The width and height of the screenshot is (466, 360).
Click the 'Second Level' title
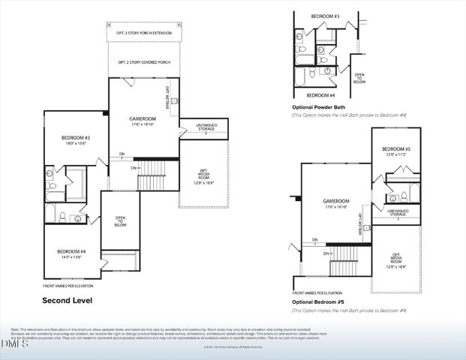(67, 301)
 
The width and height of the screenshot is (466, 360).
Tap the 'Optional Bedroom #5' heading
(318, 301)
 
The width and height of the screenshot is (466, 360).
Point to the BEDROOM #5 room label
(396, 149)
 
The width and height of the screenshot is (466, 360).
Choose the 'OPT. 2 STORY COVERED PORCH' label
(146, 61)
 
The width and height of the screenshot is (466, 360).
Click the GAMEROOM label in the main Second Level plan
(142, 118)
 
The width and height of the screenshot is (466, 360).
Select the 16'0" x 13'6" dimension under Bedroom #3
(76, 143)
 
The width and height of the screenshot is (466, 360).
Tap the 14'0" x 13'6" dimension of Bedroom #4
(71, 256)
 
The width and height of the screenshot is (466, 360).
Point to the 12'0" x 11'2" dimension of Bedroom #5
(396, 155)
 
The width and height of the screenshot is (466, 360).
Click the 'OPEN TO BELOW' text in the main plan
(119, 221)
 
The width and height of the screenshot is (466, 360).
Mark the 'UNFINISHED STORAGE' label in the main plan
(206, 126)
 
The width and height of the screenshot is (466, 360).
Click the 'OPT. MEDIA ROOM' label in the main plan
(203, 173)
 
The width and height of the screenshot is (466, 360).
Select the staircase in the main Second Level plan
(151, 180)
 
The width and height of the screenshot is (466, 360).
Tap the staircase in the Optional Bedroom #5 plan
(344, 266)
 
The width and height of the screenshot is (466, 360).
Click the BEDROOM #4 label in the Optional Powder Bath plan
(321, 95)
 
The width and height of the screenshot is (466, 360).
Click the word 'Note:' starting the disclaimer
(14, 329)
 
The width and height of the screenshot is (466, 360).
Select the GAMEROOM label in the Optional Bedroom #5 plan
(336, 201)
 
